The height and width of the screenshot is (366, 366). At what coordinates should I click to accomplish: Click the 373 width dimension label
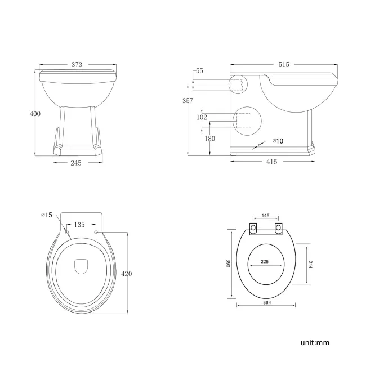77,65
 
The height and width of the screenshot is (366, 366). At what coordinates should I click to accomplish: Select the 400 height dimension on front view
35,114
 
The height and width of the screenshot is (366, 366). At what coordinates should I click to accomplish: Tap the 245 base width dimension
77,163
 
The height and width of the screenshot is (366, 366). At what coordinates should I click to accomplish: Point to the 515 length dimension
284,65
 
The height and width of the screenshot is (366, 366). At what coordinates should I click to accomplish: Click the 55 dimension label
199,72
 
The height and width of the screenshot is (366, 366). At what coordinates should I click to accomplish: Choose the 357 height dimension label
188,101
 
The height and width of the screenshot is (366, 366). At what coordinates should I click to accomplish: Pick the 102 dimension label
202,118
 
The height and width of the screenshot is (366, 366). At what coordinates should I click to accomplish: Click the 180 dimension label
209,139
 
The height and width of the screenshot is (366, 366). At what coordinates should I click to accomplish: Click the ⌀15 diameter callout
46,215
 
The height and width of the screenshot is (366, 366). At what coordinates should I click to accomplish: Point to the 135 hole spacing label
80,224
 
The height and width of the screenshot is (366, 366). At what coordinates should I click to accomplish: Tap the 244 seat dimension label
310,265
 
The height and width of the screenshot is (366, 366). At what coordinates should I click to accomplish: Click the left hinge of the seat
253,227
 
